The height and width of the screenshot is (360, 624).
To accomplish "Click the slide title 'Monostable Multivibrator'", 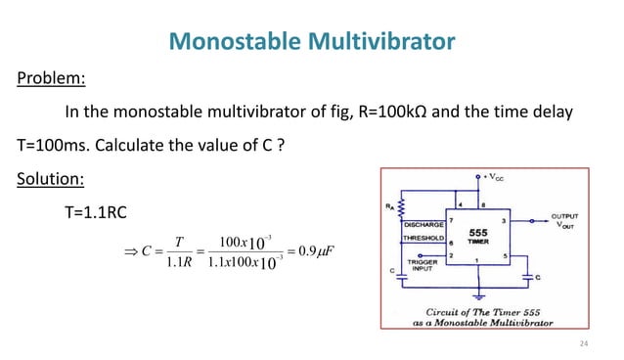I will (312, 41).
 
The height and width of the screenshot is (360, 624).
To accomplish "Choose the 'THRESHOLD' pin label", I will (423, 238).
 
